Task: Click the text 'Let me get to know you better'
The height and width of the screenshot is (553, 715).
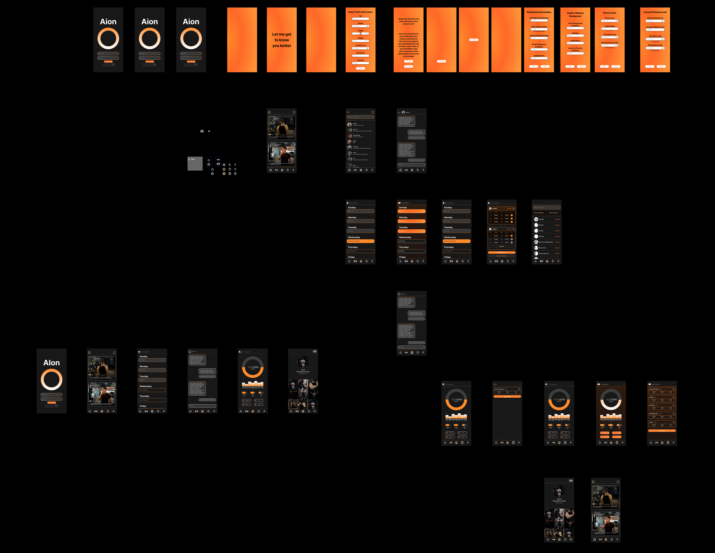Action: click(282, 40)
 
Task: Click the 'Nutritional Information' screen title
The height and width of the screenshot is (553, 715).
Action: click(539, 12)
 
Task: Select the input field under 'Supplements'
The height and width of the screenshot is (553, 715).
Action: click(539, 58)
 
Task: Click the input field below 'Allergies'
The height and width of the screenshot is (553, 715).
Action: click(575, 36)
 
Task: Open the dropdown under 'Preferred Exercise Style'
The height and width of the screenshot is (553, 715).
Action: click(610, 45)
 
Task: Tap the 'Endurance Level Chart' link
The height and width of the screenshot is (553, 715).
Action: click(655, 50)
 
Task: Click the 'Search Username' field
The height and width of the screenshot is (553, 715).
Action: click(360, 117)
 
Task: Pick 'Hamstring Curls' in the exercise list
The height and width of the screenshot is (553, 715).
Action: click(544, 253)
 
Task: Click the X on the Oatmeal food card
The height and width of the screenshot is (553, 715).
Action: click(673, 405)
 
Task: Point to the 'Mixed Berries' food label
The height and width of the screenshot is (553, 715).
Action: click(653, 413)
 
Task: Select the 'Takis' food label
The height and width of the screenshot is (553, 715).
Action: click(651, 422)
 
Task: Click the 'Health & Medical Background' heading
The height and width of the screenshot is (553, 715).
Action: click(575, 14)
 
